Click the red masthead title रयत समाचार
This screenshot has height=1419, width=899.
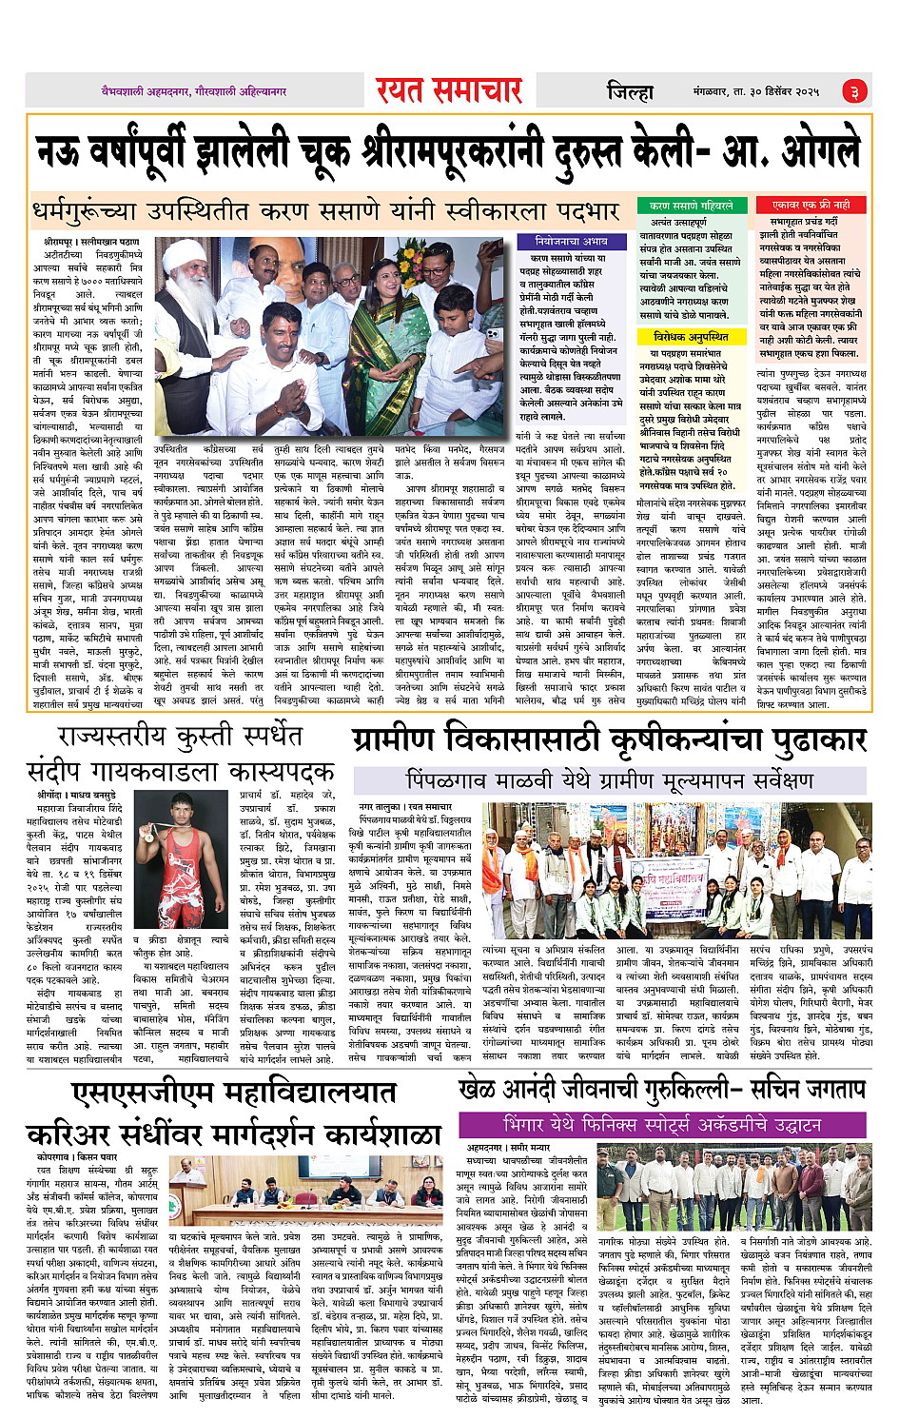click(x=448, y=90)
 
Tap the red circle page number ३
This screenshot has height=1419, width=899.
click(x=853, y=91)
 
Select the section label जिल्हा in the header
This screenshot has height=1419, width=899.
click(x=630, y=91)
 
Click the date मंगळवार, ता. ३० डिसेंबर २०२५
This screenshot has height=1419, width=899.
click(x=755, y=91)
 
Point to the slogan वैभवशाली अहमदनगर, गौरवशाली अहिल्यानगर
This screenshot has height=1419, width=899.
click(x=195, y=91)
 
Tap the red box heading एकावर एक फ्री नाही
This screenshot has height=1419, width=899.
click(x=811, y=205)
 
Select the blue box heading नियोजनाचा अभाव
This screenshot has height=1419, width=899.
click(x=570, y=242)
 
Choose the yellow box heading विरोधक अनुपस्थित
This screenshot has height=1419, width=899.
click(x=691, y=337)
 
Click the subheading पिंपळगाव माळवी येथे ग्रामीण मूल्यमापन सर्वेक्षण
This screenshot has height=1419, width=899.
click(x=609, y=781)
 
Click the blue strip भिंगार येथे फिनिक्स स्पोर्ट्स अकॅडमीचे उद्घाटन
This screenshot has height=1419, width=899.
click(x=664, y=1124)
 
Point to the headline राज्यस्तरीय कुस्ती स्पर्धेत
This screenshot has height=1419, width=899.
click(x=181, y=736)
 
